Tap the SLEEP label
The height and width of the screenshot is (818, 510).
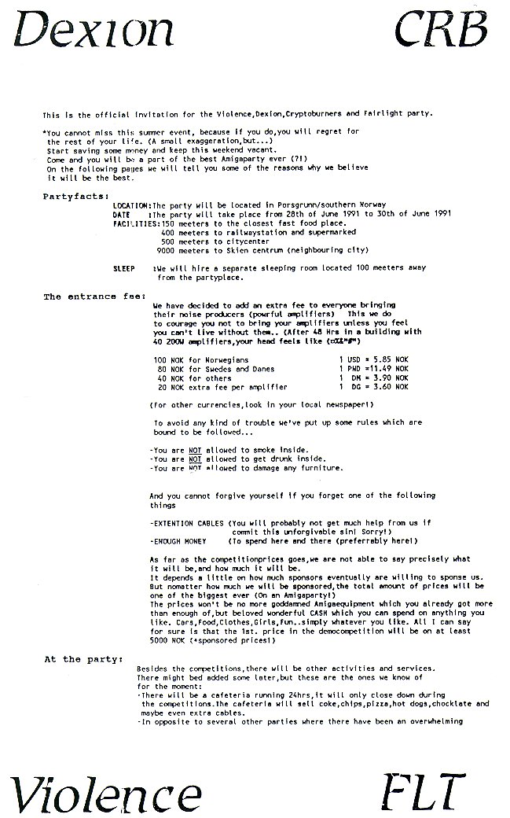[124, 267]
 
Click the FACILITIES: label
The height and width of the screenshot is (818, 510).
[137, 223]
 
